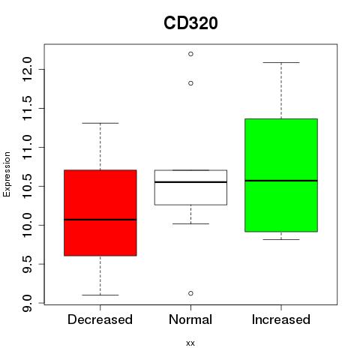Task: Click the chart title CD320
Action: (190, 23)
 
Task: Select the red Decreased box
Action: (100, 213)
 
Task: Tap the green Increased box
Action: (281, 175)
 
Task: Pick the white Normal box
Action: (190, 187)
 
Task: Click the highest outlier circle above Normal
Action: (190, 54)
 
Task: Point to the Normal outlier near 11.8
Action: (190, 83)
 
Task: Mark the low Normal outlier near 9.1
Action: (190, 293)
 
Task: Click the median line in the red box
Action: (100, 220)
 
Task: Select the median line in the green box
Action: (281, 181)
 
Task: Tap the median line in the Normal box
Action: (190, 182)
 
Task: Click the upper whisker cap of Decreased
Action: (100, 123)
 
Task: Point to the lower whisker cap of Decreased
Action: (100, 295)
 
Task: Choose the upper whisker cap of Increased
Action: (281, 62)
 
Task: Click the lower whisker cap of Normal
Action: (190, 223)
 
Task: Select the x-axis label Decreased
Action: (100, 319)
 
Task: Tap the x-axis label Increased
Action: (281, 319)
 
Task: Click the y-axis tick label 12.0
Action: (27, 69)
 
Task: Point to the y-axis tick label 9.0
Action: (27, 303)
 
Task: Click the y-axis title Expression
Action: (7, 174)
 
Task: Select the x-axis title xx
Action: (190, 343)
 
